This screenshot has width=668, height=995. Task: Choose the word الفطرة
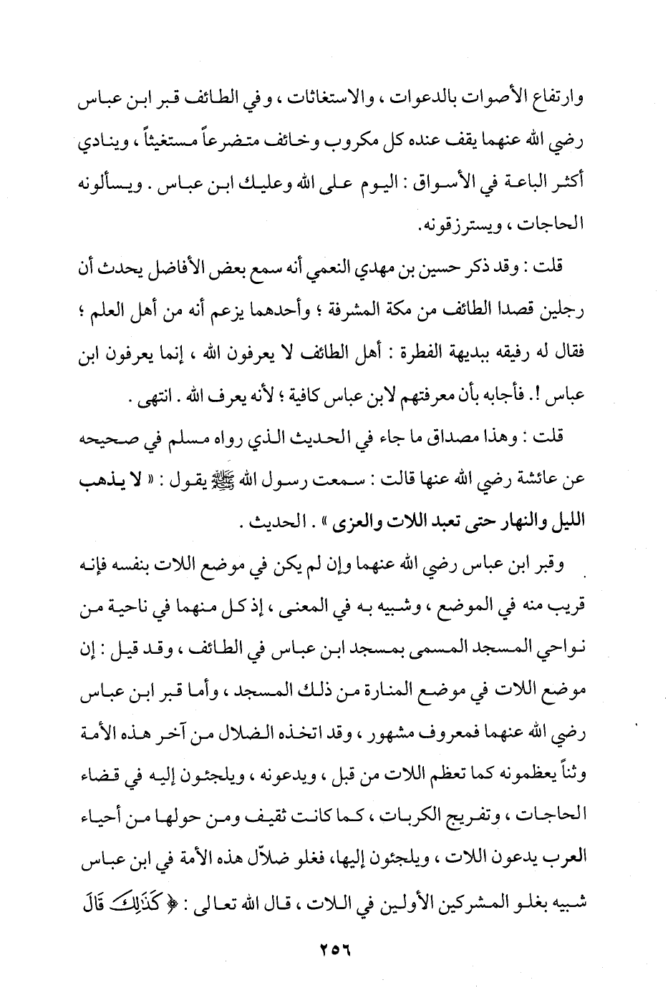point(397,352)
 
